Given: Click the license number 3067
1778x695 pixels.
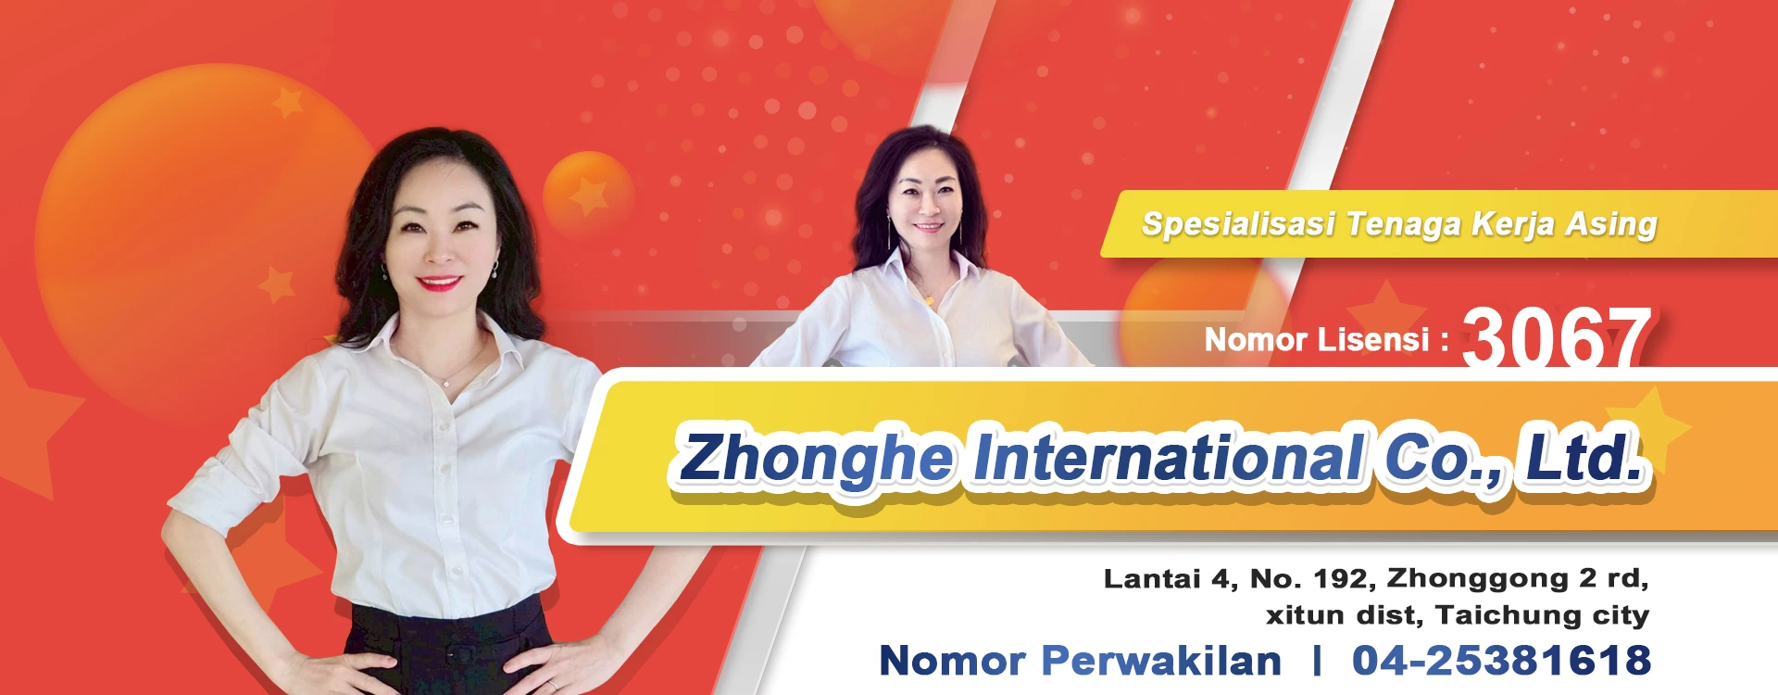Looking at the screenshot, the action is coord(1557,336).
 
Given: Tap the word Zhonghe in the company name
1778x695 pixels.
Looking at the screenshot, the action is coord(815,459).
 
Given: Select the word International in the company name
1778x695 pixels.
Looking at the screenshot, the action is coord(1169,457).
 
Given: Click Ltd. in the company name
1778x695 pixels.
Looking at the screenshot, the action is coord(1583,456).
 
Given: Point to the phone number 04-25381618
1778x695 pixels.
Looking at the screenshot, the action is coord(1501,661).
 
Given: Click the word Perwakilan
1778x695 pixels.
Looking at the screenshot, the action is coord(1161,661).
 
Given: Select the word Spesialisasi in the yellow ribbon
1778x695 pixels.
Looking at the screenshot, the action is coord(1238,224).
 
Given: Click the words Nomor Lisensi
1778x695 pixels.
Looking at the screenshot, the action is coord(1317,340).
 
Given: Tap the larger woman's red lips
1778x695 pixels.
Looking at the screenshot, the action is coord(441,282).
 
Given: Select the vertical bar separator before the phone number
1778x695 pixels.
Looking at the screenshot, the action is coord(1317,661).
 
